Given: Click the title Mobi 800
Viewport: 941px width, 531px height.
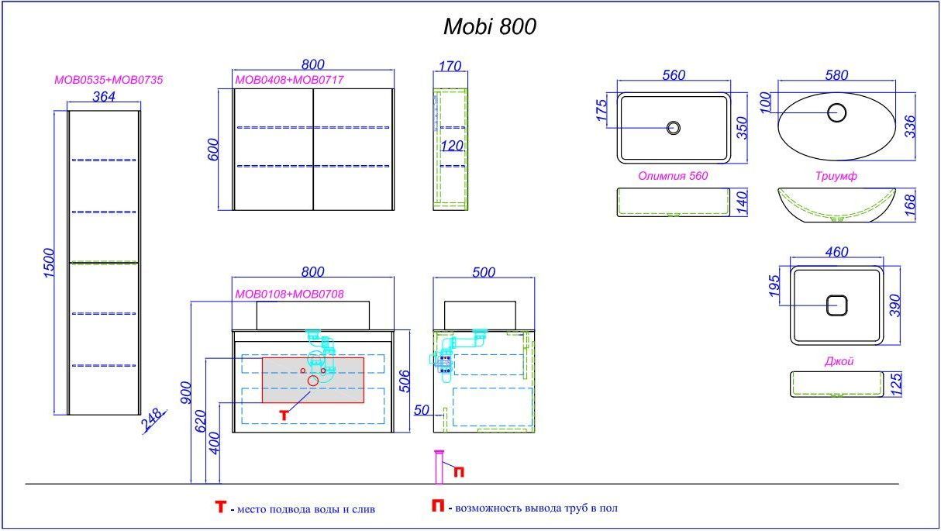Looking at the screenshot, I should coord(489,27).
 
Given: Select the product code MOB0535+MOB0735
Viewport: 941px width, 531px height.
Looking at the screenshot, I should coord(108,80).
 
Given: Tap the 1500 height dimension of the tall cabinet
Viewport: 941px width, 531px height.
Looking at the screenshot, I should coord(48,264).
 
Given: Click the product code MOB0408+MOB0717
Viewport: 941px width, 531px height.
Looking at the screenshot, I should coord(289,80).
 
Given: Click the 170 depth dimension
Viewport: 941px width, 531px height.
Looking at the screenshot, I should coord(450,66).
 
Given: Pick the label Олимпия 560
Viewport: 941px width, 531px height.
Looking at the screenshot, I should coord(673,176).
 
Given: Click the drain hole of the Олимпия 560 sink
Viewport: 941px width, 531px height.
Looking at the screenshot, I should coord(674,127).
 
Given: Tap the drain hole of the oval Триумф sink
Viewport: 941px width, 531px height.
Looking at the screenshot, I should coord(836,112).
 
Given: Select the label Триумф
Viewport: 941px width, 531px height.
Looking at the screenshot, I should coord(836,176).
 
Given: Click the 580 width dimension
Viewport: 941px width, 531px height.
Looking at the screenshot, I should coord(836,75).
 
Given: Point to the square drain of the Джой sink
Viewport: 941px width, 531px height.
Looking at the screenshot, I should coord(836,305).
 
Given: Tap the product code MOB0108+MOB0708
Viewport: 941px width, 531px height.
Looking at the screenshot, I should coord(289,294).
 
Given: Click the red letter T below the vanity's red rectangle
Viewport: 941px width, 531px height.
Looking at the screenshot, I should coord(284,415).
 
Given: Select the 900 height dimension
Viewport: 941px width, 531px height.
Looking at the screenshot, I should coord(184,395).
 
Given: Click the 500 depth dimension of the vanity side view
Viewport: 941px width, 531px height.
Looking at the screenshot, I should coord(483,272).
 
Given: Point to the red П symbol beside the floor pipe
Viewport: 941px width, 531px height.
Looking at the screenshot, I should coord(459,471).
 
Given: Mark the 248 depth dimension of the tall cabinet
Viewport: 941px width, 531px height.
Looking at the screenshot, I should coord(153,420).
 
